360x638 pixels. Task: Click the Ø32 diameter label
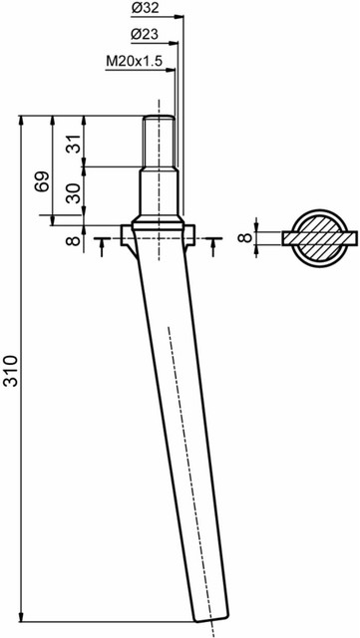point(146,10)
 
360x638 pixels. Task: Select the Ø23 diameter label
point(146,36)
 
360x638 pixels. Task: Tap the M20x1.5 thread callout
point(134,62)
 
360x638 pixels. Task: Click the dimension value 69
point(43,182)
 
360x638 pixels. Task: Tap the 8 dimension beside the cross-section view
point(242,238)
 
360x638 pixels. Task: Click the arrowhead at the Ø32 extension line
point(182,17)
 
